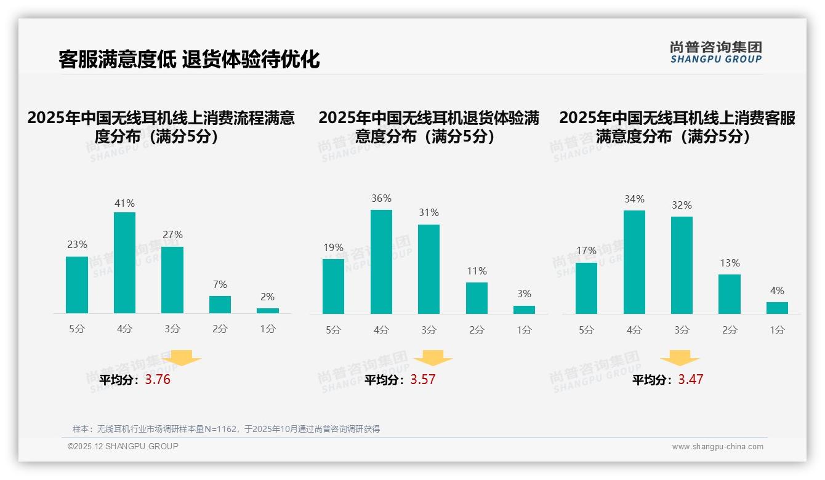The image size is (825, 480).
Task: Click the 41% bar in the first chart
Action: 124,263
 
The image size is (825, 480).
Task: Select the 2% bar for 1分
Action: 267,311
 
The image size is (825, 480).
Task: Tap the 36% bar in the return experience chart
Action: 381,262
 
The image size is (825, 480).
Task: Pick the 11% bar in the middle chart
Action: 477,298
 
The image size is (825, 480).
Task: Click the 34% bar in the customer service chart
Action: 634,262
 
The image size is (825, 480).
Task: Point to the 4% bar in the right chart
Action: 777,308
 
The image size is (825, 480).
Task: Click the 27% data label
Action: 172,235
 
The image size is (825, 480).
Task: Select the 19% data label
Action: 333,248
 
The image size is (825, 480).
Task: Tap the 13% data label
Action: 730,263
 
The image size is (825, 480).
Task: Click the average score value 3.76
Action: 158,380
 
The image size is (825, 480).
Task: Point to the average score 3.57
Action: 423,380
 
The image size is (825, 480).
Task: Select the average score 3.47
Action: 690,380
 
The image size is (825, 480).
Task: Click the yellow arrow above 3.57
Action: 433,358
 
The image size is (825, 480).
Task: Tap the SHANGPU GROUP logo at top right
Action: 715,52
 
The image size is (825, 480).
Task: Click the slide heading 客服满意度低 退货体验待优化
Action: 189,60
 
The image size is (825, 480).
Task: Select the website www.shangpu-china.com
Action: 717,447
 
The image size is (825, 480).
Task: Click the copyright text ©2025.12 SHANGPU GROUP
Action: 123,446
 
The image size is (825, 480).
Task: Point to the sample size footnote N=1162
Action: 226,429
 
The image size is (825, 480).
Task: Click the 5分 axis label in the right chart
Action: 586,330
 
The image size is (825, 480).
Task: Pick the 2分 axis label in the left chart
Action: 220,329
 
